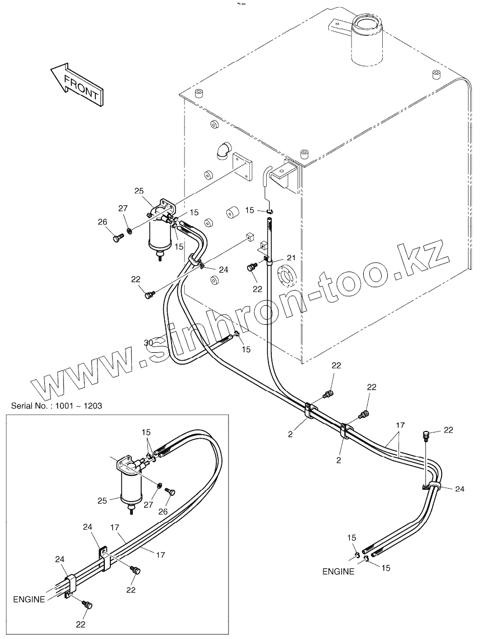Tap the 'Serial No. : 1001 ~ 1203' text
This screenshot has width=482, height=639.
56,405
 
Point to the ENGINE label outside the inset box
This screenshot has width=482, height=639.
338,572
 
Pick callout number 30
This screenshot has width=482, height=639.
148,343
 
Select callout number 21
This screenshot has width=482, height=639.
291,257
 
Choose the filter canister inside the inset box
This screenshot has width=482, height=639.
130,485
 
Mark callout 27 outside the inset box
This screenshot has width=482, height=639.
123,209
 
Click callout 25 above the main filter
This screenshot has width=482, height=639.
140,192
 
